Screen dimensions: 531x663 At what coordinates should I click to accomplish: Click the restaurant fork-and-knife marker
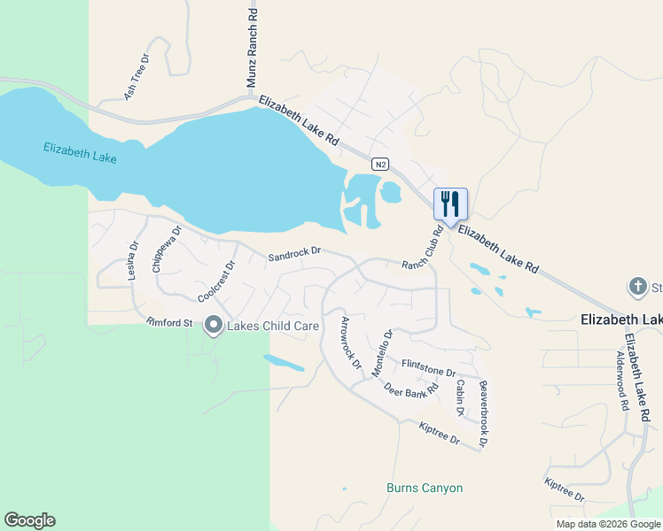point(450,204)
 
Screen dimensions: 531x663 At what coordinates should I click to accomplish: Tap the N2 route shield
point(380,165)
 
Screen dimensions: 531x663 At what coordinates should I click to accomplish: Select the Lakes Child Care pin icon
point(213,326)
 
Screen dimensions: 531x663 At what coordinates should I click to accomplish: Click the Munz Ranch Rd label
point(252,49)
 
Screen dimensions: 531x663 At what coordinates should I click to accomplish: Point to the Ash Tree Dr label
point(136,76)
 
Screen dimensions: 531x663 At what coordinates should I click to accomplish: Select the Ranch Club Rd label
point(423,250)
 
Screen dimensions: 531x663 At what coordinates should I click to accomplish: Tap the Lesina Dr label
point(133,262)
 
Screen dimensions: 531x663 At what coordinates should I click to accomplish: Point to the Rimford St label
point(169,323)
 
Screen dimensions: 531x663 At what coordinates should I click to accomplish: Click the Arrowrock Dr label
point(351,342)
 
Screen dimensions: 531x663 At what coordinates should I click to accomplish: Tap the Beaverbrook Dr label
point(484,413)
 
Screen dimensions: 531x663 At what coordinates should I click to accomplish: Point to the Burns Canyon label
point(425,488)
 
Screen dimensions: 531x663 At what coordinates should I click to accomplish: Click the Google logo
point(29,520)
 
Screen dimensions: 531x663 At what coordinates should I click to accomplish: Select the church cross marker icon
point(636,287)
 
